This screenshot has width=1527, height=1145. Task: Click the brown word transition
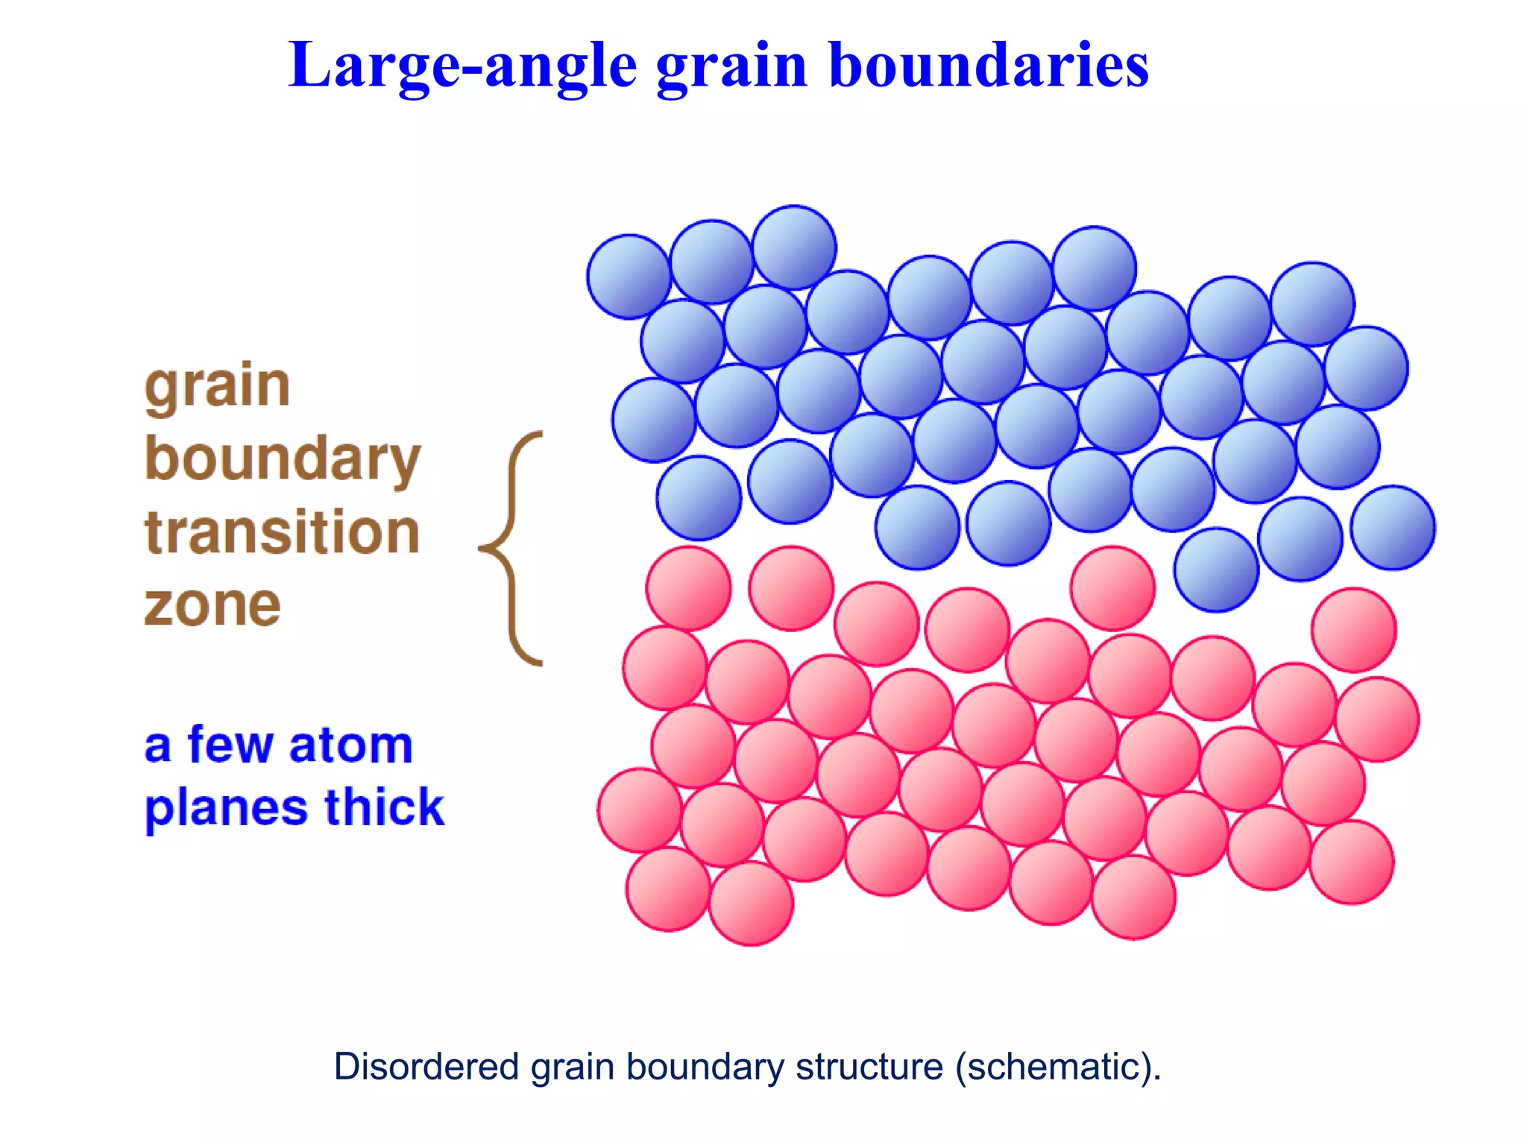282,532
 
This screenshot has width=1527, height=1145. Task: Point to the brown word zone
212,605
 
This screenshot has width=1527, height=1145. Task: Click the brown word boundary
283,461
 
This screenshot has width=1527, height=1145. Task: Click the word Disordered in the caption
426,1067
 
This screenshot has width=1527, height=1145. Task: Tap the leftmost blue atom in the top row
629,277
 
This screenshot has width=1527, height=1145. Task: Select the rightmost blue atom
1393,528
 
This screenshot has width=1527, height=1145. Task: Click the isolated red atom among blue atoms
1112,588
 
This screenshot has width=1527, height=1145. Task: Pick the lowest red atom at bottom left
751,903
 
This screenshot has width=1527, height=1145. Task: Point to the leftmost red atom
640,810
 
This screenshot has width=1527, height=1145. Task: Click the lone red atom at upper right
1354,630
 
